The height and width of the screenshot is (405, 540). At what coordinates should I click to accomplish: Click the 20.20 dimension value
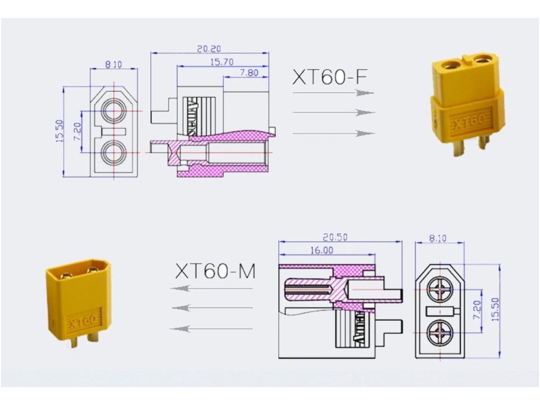pyautogui.click(x=209, y=49)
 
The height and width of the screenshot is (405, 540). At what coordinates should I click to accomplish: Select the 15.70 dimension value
pyautogui.click(x=222, y=62)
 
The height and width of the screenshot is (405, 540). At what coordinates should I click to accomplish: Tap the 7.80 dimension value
pyautogui.click(x=249, y=73)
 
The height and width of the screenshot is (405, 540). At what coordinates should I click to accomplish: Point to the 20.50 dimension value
pyautogui.click(x=335, y=237)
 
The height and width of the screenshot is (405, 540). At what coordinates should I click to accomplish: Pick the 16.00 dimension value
pyautogui.click(x=322, y=250)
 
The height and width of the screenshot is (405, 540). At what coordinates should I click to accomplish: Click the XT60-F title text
pyautogui.click(x=330, y=77)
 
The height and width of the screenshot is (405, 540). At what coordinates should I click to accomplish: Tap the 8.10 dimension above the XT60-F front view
pyautogui.click(x=113, y=64)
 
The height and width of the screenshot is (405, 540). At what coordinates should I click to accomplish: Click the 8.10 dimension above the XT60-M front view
pyautogui.click(x=438, y=238)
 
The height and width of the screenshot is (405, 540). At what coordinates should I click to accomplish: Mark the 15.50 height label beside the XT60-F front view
pyautogui.click(x=60, y=131)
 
